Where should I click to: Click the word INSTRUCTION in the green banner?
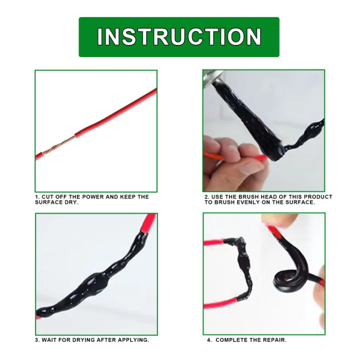pos(179,37)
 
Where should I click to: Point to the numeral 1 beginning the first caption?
pos(36,197)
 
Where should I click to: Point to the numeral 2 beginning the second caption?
pos(206,197)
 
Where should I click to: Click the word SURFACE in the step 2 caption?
pos(301,202)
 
